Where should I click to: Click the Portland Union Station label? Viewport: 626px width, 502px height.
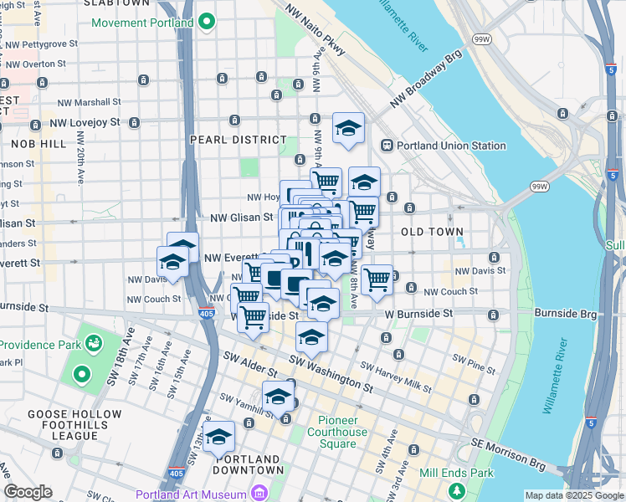(453, 146)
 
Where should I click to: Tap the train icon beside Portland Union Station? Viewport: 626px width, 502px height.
(387, 146)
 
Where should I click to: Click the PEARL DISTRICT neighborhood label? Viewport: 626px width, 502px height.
(239, 140)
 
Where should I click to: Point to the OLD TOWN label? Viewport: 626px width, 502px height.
(428, 231)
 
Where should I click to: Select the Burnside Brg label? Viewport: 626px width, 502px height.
(567, 314)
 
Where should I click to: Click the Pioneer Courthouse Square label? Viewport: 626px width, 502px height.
(342, 432)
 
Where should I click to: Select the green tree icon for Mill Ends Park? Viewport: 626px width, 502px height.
(456, 490)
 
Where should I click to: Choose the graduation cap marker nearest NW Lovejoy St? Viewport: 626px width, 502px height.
(348, 128)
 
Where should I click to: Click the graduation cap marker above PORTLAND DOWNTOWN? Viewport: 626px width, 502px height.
(218, 436)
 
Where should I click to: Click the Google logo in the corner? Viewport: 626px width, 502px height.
(28, 492)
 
